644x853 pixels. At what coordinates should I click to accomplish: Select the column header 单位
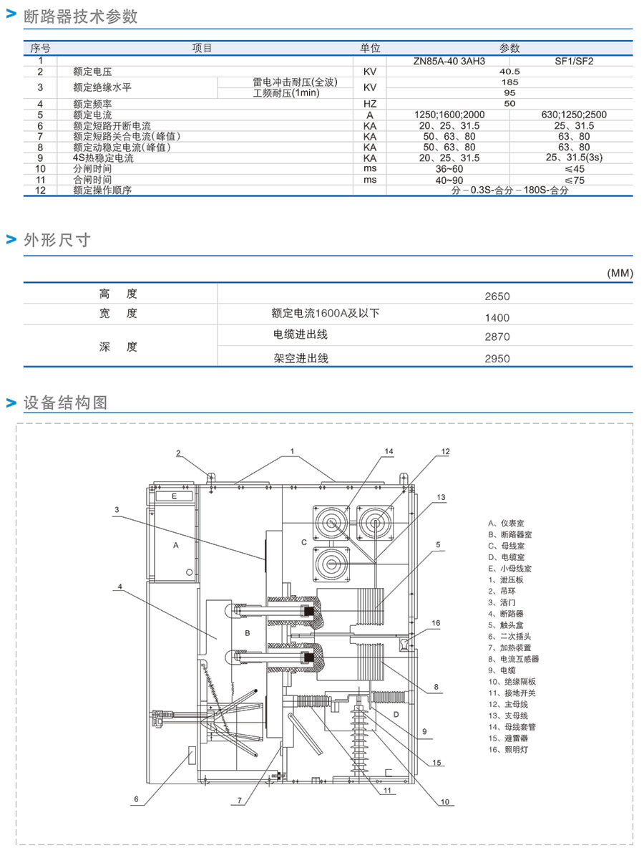click(x=370, y=49)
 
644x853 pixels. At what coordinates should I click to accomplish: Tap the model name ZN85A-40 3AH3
click(x=449, y=61)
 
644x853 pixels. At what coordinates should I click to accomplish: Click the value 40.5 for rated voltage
click(x=509, y=72)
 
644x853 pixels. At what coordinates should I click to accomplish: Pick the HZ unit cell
click(x=370, y=104)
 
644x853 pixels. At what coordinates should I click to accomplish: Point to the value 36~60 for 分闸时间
click(x=449, y=169)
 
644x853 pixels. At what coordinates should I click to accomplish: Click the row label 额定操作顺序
click(x=103, y=191)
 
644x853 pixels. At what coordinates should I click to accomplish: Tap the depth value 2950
click(x=497, y=358)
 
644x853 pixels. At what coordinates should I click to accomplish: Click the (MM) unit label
click(x=619, y=274)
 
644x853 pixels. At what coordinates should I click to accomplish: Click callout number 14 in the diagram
click(x=389, y=452)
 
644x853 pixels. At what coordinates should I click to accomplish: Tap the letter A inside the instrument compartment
click(x=175, y=545)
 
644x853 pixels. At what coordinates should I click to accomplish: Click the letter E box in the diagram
click(x=174, y=496)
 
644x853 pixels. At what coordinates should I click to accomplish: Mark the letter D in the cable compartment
click(x=396, y=715)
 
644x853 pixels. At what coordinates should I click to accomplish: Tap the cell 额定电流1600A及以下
click(x=326, y=313)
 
